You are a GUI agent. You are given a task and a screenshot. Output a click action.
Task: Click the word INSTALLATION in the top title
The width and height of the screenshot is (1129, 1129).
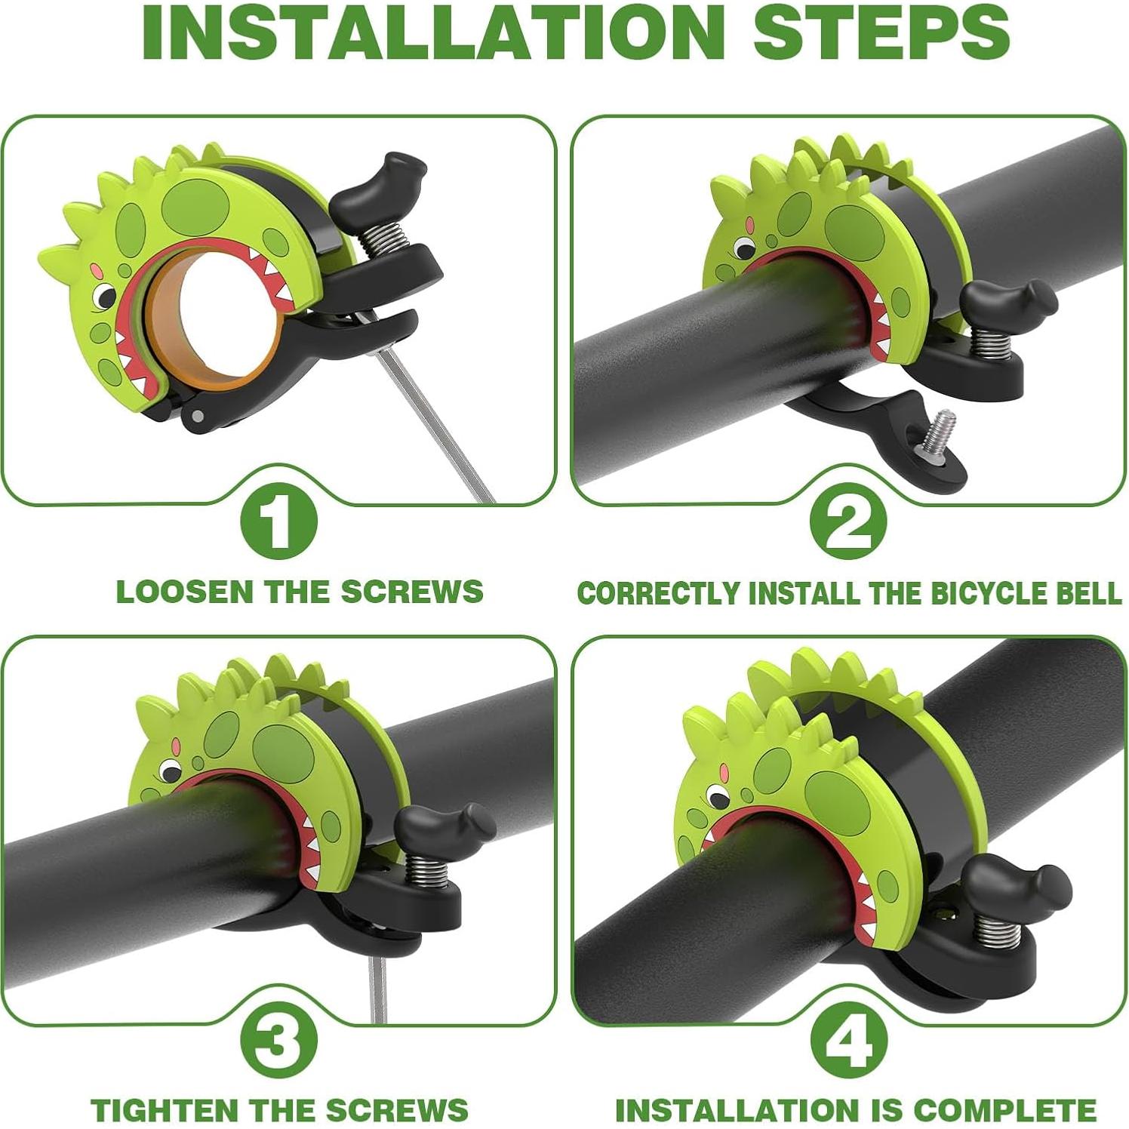433,32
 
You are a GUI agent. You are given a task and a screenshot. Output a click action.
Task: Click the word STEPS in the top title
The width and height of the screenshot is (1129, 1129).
881,32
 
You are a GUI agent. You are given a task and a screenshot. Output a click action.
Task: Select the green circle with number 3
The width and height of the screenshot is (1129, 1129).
278,1041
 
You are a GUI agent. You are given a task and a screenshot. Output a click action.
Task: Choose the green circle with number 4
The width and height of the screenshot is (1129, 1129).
848,1041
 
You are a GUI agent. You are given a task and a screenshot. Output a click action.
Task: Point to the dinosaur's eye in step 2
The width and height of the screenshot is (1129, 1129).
745,247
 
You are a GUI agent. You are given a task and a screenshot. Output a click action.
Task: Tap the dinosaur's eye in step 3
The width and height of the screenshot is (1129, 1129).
169,771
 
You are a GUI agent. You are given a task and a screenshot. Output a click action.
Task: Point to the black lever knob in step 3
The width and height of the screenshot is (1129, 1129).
441,828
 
